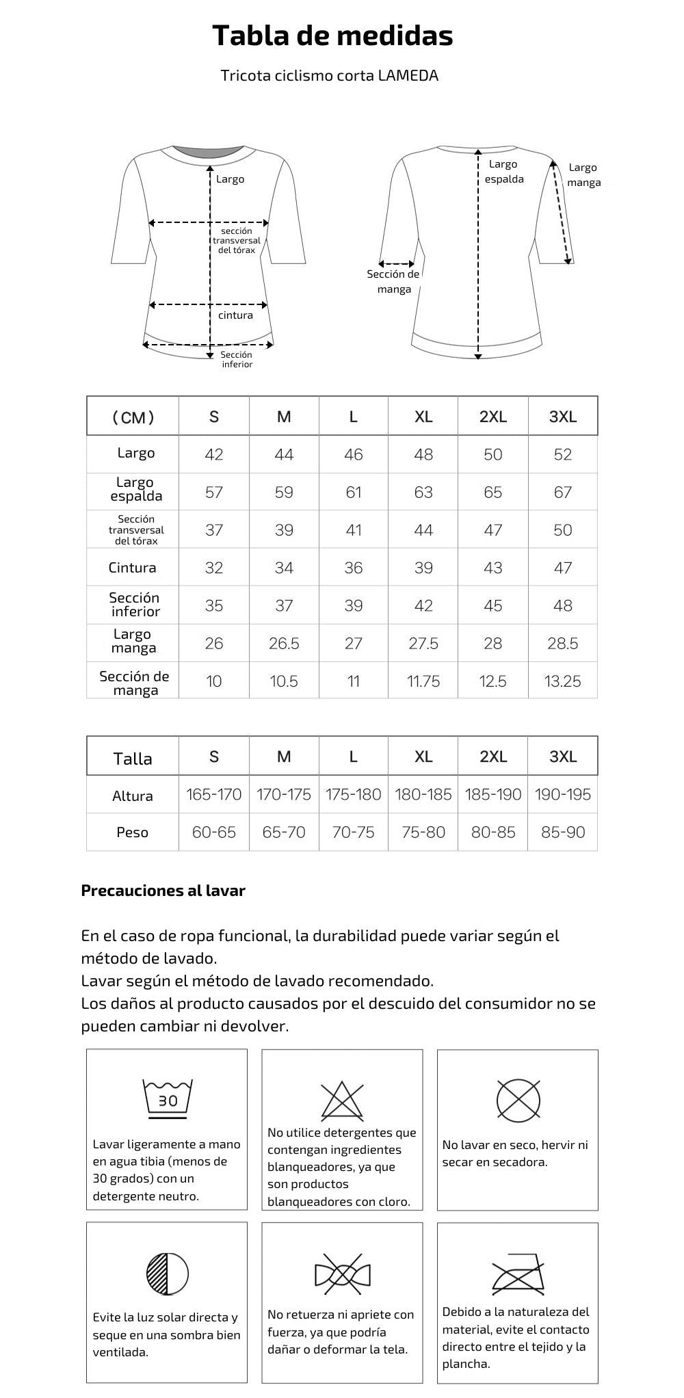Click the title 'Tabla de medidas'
click(332, 36)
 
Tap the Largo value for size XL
click(423, 455)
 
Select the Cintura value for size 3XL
click(562, 568)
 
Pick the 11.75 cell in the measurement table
click(423, 681)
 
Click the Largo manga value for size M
click(284, 644)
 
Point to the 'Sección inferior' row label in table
click(134, 605)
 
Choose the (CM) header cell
click(133, 417)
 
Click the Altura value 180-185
click(423, 795)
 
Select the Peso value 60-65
click(214, 832)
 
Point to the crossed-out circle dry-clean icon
click(518, 1100)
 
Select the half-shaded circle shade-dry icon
click(167, 1273)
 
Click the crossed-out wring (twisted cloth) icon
click(342, 1274)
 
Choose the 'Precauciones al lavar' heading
click(163, 891)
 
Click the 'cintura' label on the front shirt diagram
click(235, 315)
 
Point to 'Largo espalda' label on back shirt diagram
click(504, 172)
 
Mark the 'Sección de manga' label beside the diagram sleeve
click(393, 282)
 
